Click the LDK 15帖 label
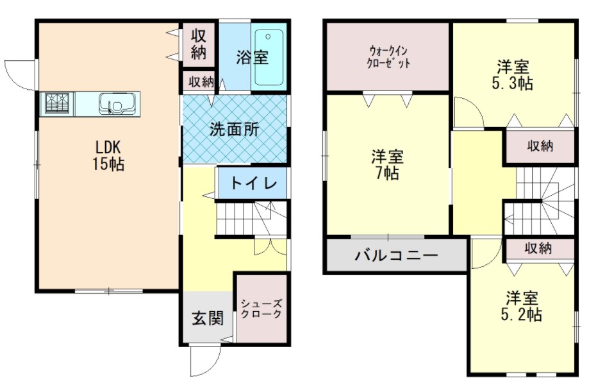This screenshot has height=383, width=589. point(108,155)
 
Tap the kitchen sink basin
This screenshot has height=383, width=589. point(117,103)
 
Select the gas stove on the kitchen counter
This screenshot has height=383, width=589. point(58,103)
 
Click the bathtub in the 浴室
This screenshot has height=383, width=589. point(269,58)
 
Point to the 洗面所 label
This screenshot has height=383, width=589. point(234,130)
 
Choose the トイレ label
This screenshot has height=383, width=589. point(253,183)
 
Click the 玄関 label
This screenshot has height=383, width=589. point(208,318)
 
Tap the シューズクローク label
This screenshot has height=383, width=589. point(261,309)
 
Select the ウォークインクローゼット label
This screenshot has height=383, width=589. point(388,56)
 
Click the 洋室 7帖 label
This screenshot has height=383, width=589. point(387,164)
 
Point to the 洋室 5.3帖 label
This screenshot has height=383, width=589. point(513,75)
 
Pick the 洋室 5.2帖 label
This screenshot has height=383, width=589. point(522,306)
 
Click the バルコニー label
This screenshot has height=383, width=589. point(397,256)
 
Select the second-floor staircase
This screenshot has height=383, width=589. point(539,201)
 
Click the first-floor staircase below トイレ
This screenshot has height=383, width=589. point(252,218)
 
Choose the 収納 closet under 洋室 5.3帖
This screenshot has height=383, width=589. point(540,146)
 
